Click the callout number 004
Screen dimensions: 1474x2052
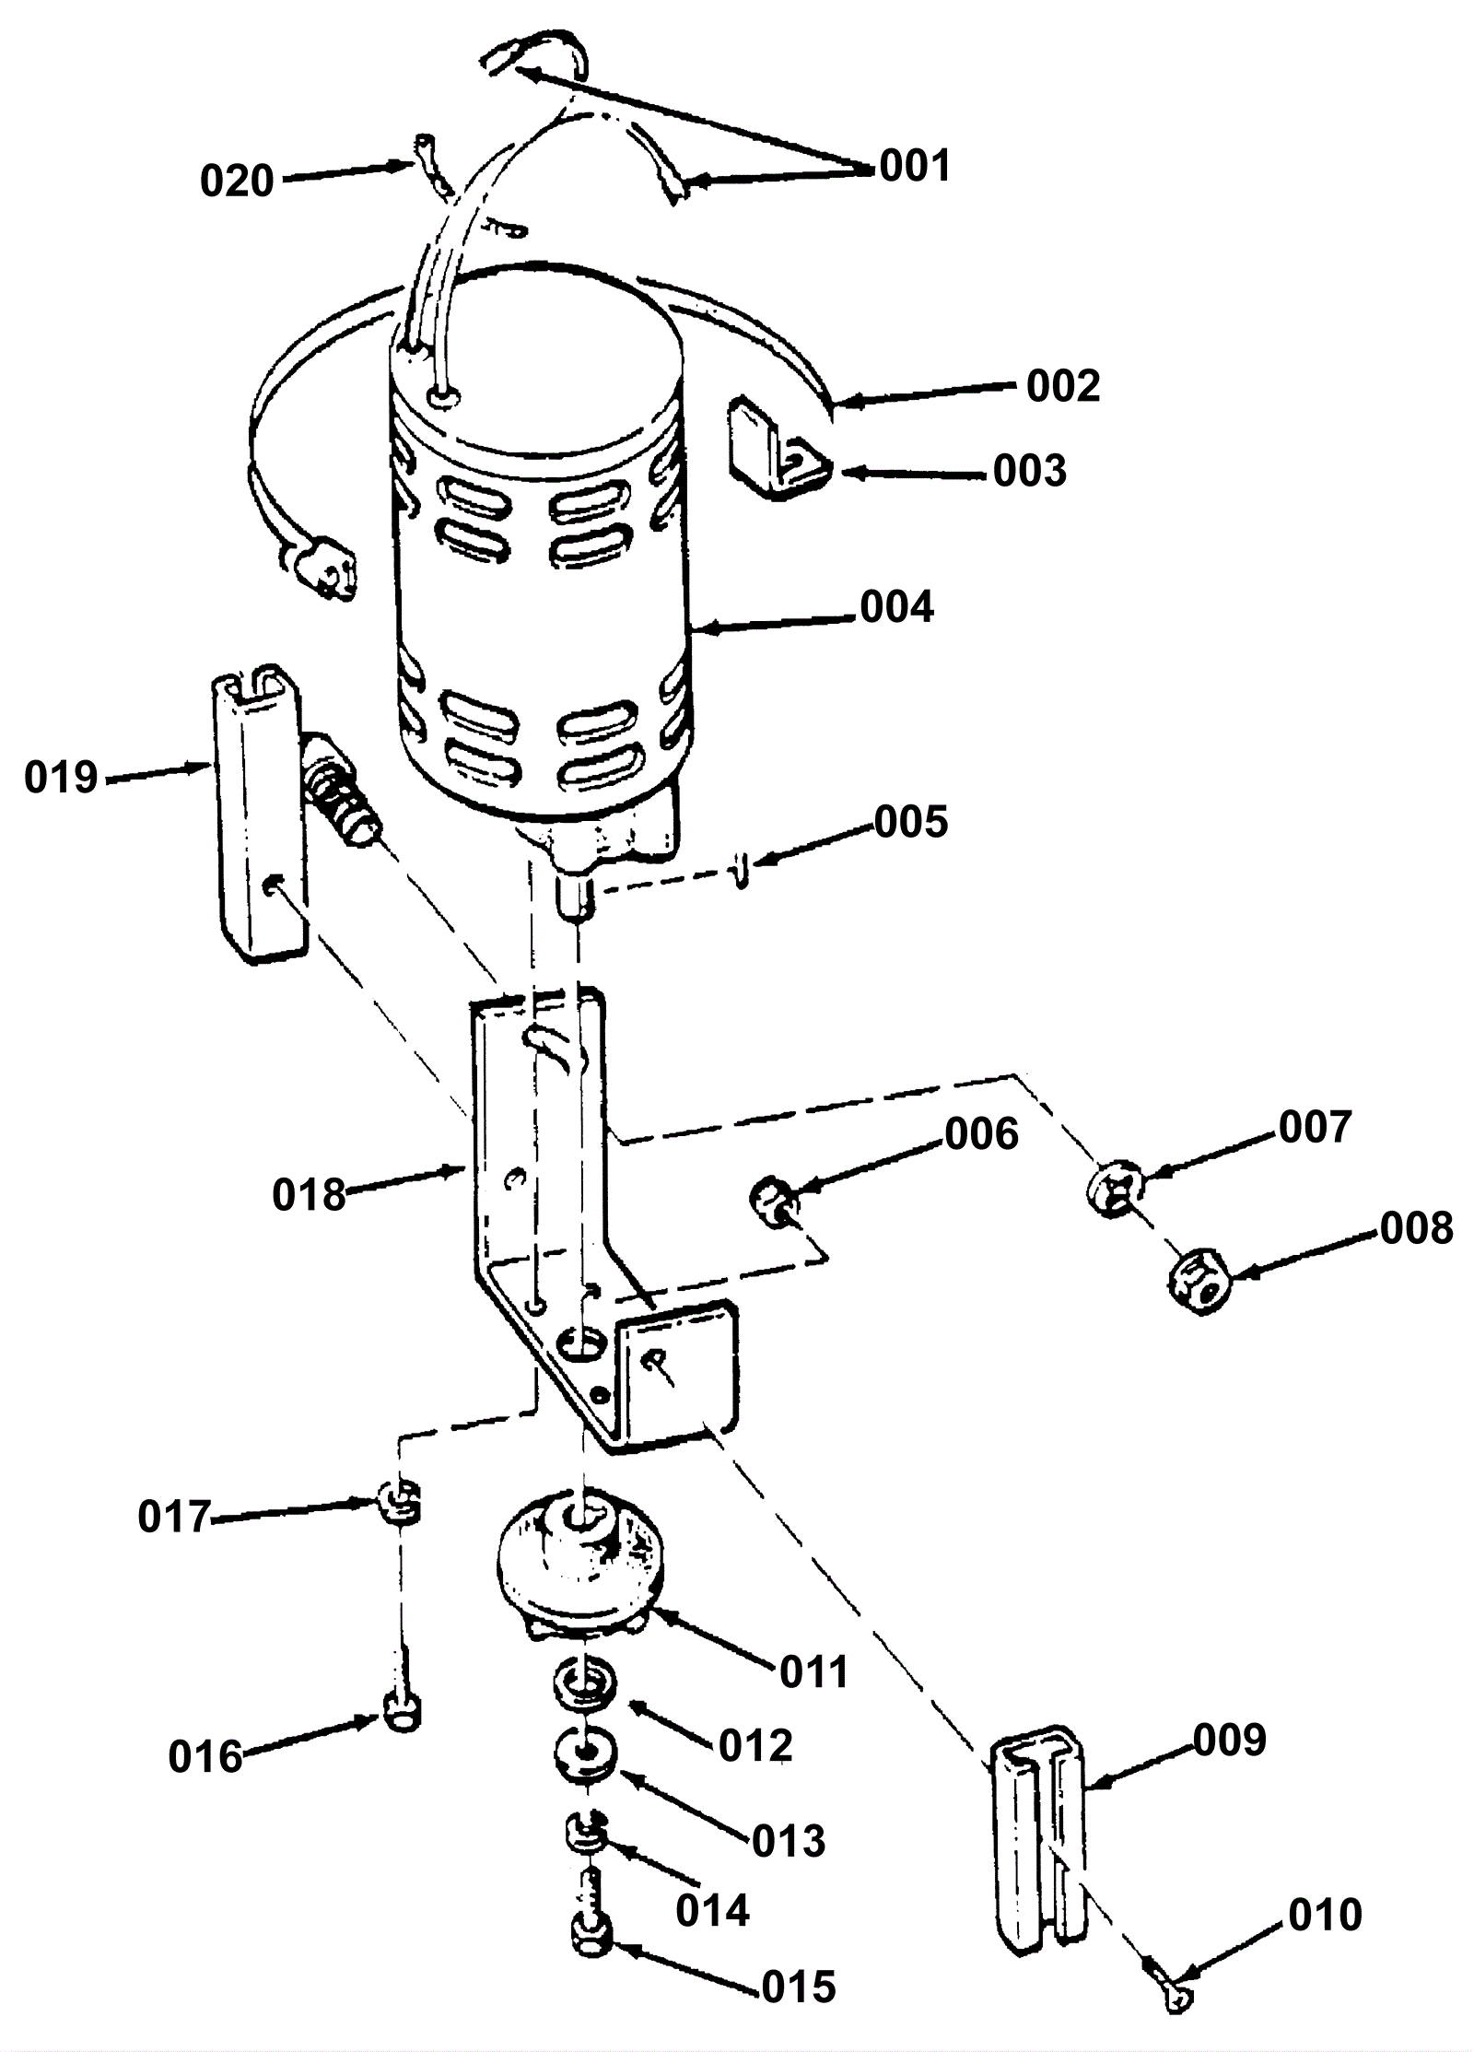(x=896, y=607)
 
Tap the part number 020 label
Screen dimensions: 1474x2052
(x=237, y=181)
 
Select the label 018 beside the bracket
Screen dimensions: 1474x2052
(x=309, y=1195)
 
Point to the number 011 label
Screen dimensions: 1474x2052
(x=813, y=1672)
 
